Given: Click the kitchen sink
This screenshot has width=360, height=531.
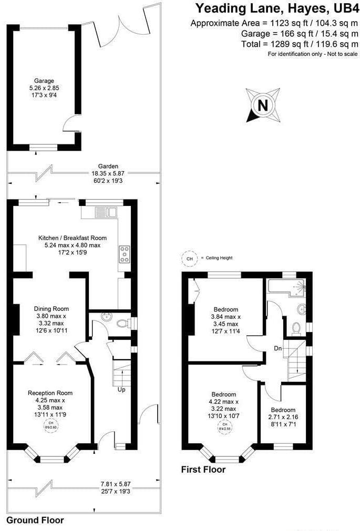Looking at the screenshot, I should pos(106,212).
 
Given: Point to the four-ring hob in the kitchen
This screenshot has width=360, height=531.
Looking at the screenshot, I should pos(125,254).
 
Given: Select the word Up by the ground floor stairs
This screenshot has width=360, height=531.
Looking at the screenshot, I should pos(120,390).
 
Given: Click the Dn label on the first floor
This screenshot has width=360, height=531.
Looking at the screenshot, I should pos(278,348).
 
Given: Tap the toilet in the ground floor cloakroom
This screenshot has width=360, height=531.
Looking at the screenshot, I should pos(122,322).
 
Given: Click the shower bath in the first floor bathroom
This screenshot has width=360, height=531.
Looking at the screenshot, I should pos(286,286).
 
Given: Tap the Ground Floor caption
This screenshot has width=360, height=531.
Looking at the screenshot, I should pos(35,520).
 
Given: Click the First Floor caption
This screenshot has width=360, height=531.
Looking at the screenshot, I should pos(203,469).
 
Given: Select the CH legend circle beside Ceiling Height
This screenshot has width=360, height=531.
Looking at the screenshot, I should pos(189,258).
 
